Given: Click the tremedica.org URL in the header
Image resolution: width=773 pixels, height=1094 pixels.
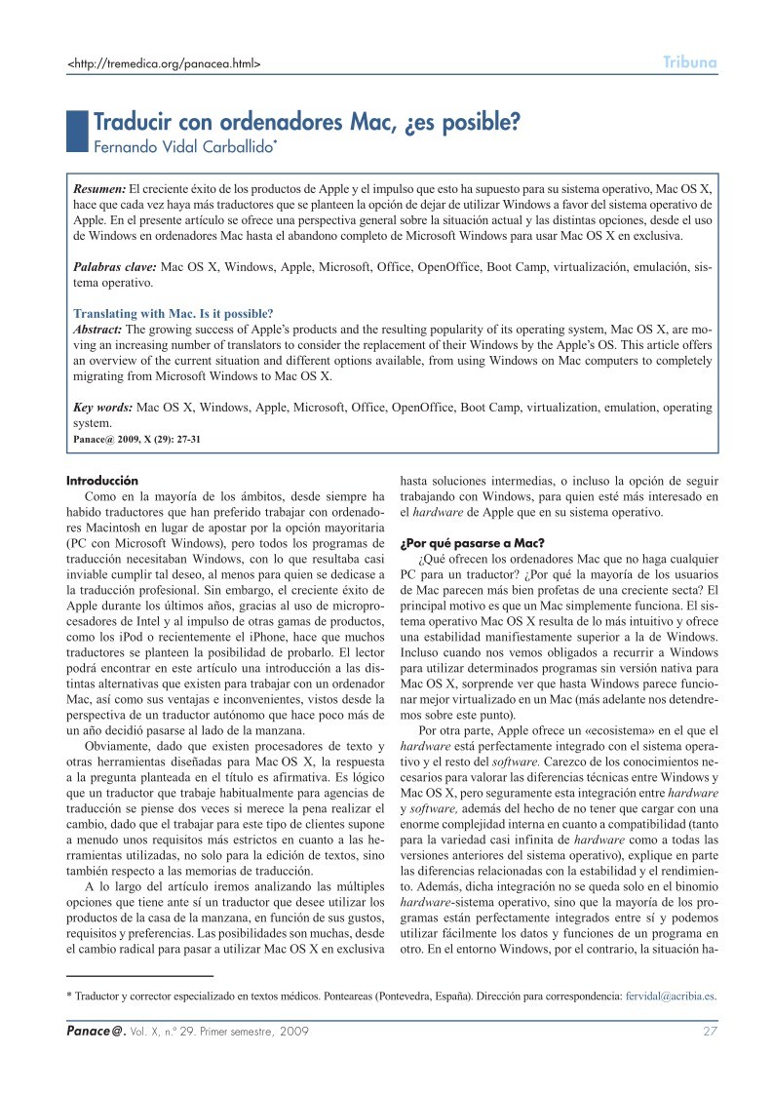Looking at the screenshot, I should tap(163, 64).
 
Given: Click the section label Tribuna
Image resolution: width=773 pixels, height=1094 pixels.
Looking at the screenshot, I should tap(690, 63).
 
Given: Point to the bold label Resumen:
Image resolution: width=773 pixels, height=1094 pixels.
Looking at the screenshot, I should tap(100, 186).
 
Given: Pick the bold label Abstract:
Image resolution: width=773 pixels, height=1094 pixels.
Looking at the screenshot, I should tap(102, 330).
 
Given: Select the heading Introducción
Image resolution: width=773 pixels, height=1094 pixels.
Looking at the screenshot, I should tap(102, 481).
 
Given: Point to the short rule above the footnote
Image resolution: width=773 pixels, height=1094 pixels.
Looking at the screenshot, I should tap(139, 975).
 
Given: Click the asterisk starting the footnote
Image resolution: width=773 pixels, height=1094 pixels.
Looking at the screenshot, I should tap(68, 996).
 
